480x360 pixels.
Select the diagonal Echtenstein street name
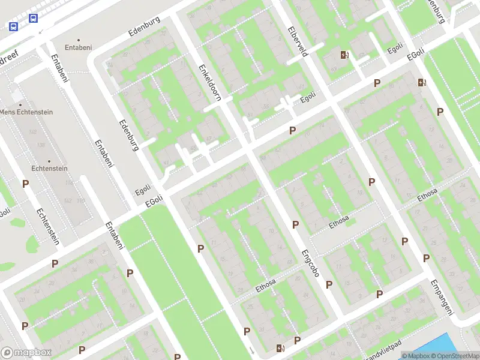click(x=48, y=226)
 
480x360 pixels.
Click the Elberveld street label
click(x=298, y=40)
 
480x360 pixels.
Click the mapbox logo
click(x=26, y=353)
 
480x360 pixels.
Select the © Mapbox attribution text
click(x=415, y=356)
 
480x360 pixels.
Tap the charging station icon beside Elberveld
click(x=344, y=55)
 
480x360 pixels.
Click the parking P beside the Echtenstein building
click(x=25, y=184)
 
